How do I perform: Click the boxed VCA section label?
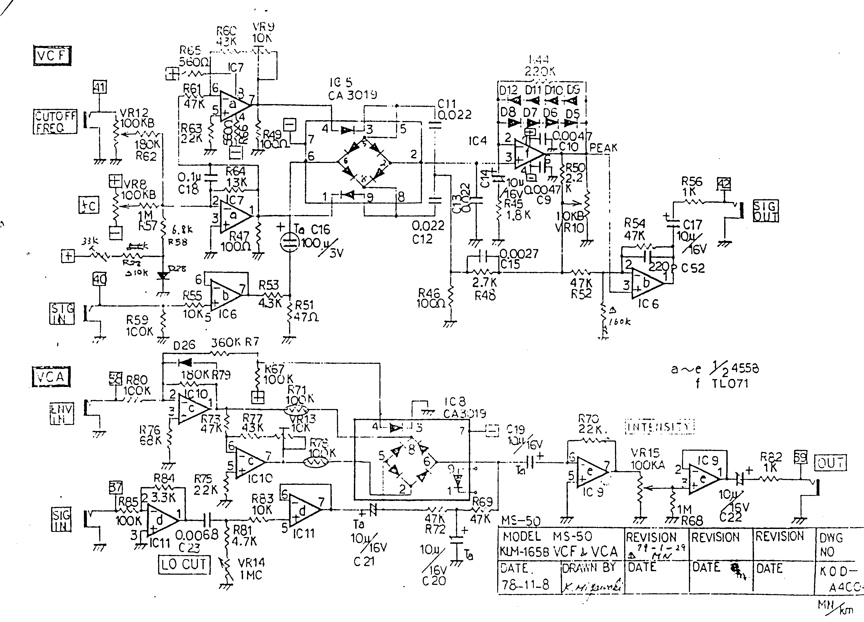[51, 377]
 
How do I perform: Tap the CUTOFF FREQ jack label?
[55, 122]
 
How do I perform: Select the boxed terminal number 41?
[100, 87]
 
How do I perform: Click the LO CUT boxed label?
[184, 564]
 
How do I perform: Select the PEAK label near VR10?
[603, 148]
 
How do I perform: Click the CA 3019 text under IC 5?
[352, 95]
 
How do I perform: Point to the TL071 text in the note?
[730, 383]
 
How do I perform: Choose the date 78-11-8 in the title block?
[525, 585]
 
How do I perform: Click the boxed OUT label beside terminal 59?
[830, 463]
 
